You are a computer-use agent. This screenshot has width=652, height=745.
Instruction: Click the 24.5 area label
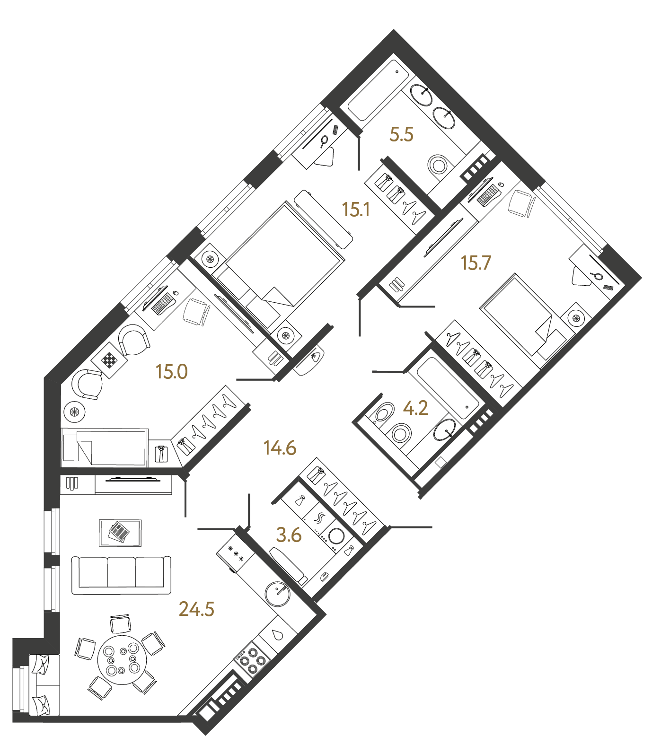196,609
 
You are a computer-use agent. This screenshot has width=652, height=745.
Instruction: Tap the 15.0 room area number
172,372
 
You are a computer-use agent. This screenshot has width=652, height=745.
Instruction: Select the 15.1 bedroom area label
356,210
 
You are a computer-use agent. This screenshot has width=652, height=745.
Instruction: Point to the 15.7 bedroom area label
476,263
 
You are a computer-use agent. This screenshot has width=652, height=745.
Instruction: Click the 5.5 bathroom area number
401,135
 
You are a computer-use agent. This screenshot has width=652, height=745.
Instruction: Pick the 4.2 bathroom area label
415,408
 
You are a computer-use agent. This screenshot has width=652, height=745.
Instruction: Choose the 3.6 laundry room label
289,535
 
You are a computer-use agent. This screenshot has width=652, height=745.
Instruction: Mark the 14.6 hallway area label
280,447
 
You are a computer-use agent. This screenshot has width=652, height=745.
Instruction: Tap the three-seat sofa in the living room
121,575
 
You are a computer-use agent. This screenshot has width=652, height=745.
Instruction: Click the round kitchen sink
278,593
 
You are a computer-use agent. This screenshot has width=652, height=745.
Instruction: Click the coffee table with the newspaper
120,533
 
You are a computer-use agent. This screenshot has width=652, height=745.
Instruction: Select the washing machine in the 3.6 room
336,536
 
